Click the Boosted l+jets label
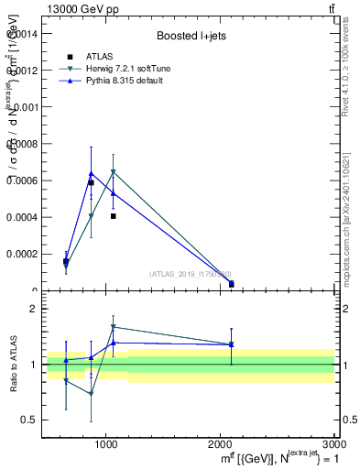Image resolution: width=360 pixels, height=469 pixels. pyautogui.click(x=191, y=36)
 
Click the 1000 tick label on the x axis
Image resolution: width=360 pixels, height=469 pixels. pyautogui.click(x=106, y=443)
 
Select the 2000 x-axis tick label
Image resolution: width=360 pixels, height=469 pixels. pyautogui.click(x=220, y=443)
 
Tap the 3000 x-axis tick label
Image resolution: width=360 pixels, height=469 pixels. pyautogui.click(x=333, y=443)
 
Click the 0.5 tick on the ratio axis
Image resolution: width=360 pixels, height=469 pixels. pyautogui.click(x=29, y=420)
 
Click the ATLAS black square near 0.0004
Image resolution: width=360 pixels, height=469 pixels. pyautogui.click(x=113, y=216)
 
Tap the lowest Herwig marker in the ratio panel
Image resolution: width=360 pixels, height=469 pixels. pyautogui.click(x=91, y=394)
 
